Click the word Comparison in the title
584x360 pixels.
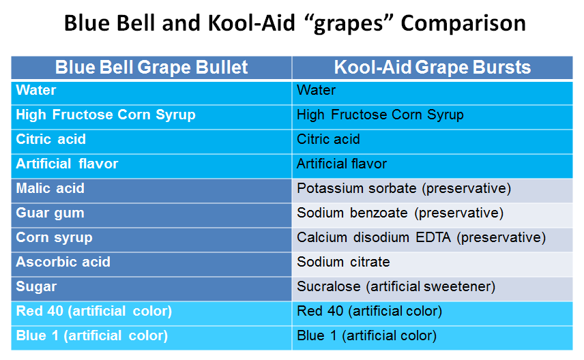(463, 23)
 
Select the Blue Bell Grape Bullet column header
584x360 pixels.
(151, 67)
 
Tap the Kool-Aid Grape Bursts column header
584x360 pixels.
(433, 67)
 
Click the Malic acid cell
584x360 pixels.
(151, 191)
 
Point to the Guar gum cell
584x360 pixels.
(151, 215)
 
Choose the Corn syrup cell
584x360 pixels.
(151, 240)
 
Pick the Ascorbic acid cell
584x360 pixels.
(151, 265)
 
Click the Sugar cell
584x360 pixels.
(151, 289)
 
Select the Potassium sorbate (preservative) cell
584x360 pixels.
(433, 191)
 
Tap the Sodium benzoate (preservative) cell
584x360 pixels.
(433, 215)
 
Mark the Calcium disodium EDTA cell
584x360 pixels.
(433, 240)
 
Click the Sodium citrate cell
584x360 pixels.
(433, 265)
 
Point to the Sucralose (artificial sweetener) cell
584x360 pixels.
(433, 289)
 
